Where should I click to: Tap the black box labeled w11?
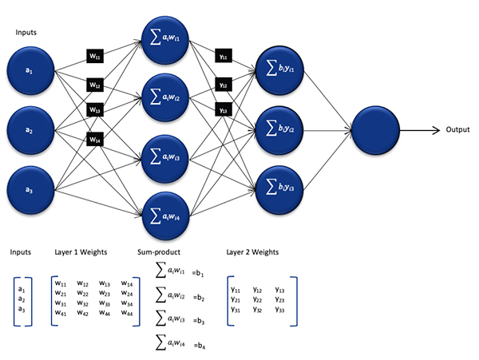[x=95, y=57]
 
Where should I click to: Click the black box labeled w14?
[x=95, y=140]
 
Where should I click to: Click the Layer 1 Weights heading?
[x=82, y=253]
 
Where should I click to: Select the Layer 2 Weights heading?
[x=255, y=253]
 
